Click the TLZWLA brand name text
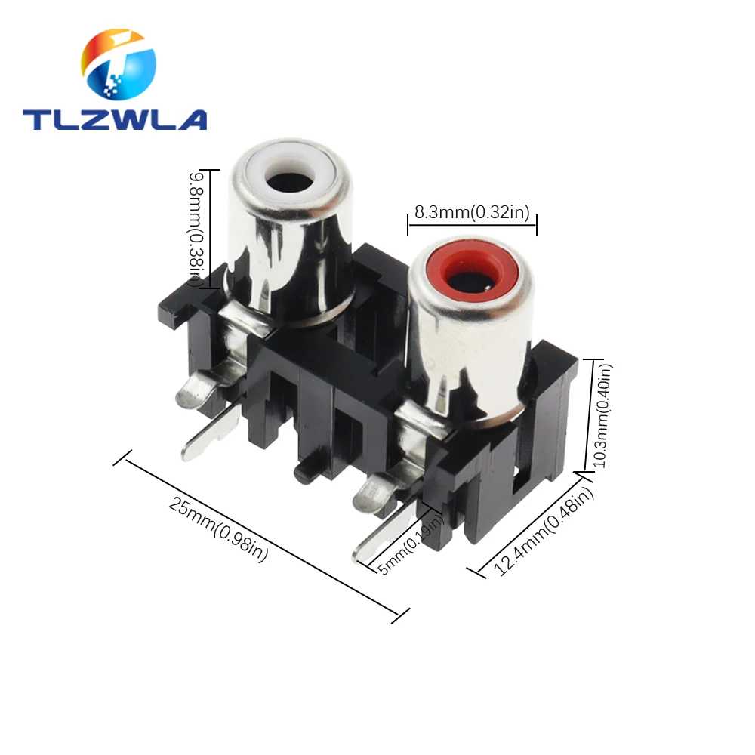click(x=114, y=119)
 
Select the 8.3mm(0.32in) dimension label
click(x=471, y=212)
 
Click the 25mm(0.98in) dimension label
click(x=218, y=531)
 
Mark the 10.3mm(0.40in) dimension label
click(x=603, y=416)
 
